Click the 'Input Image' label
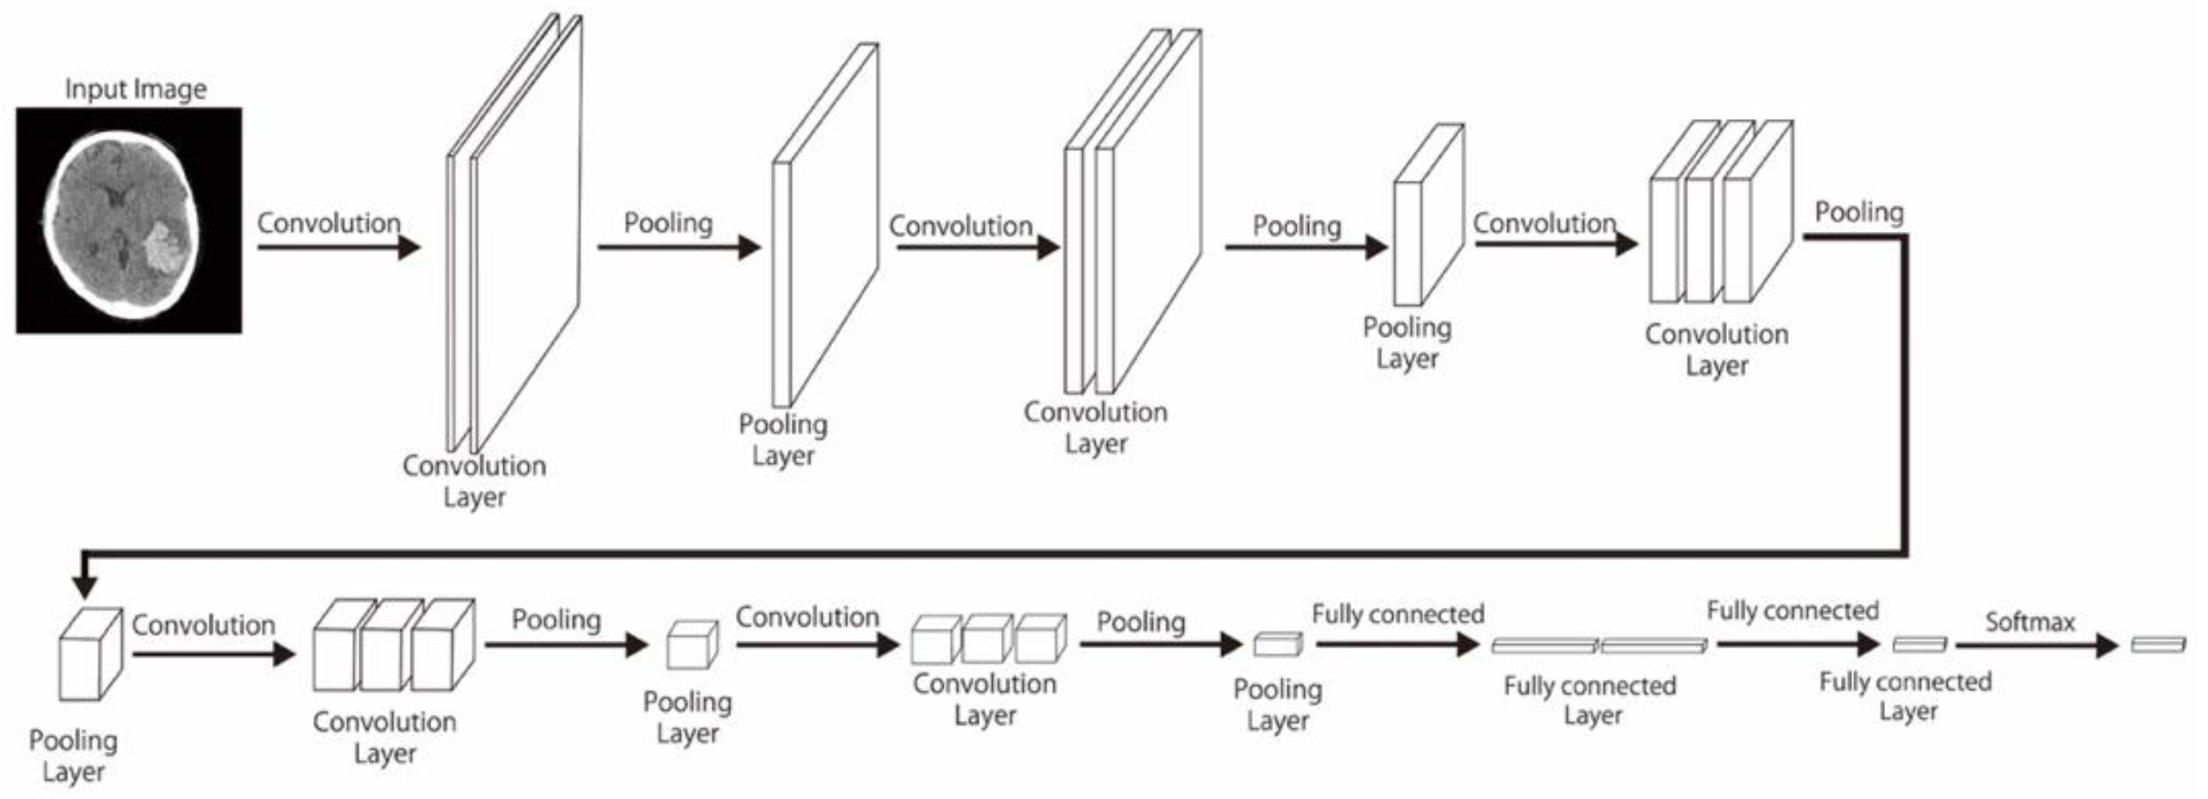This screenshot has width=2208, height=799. point(135,89)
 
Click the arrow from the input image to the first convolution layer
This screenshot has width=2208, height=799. point(338,248)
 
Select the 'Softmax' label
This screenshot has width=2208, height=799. point(2030,621)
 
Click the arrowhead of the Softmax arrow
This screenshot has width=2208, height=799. point(2107,645)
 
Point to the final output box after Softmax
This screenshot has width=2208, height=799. point(2158,644)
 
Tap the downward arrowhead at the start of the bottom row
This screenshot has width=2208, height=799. point(84,587)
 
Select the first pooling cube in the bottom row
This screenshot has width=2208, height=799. point(90,656)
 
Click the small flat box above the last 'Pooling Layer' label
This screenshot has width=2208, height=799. point(1277,644)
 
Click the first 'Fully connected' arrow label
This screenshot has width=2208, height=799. point(1397,614)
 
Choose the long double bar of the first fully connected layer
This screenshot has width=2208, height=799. point(1598,645)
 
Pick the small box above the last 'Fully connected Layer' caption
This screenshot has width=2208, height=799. point(1919,644)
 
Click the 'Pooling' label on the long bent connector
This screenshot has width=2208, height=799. point(1858,212)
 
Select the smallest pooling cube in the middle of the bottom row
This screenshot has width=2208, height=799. point(692,645)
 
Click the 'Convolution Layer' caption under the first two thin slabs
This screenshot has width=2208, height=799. point(474,481)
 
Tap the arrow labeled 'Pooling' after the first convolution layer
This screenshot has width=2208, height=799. point(678,248)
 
